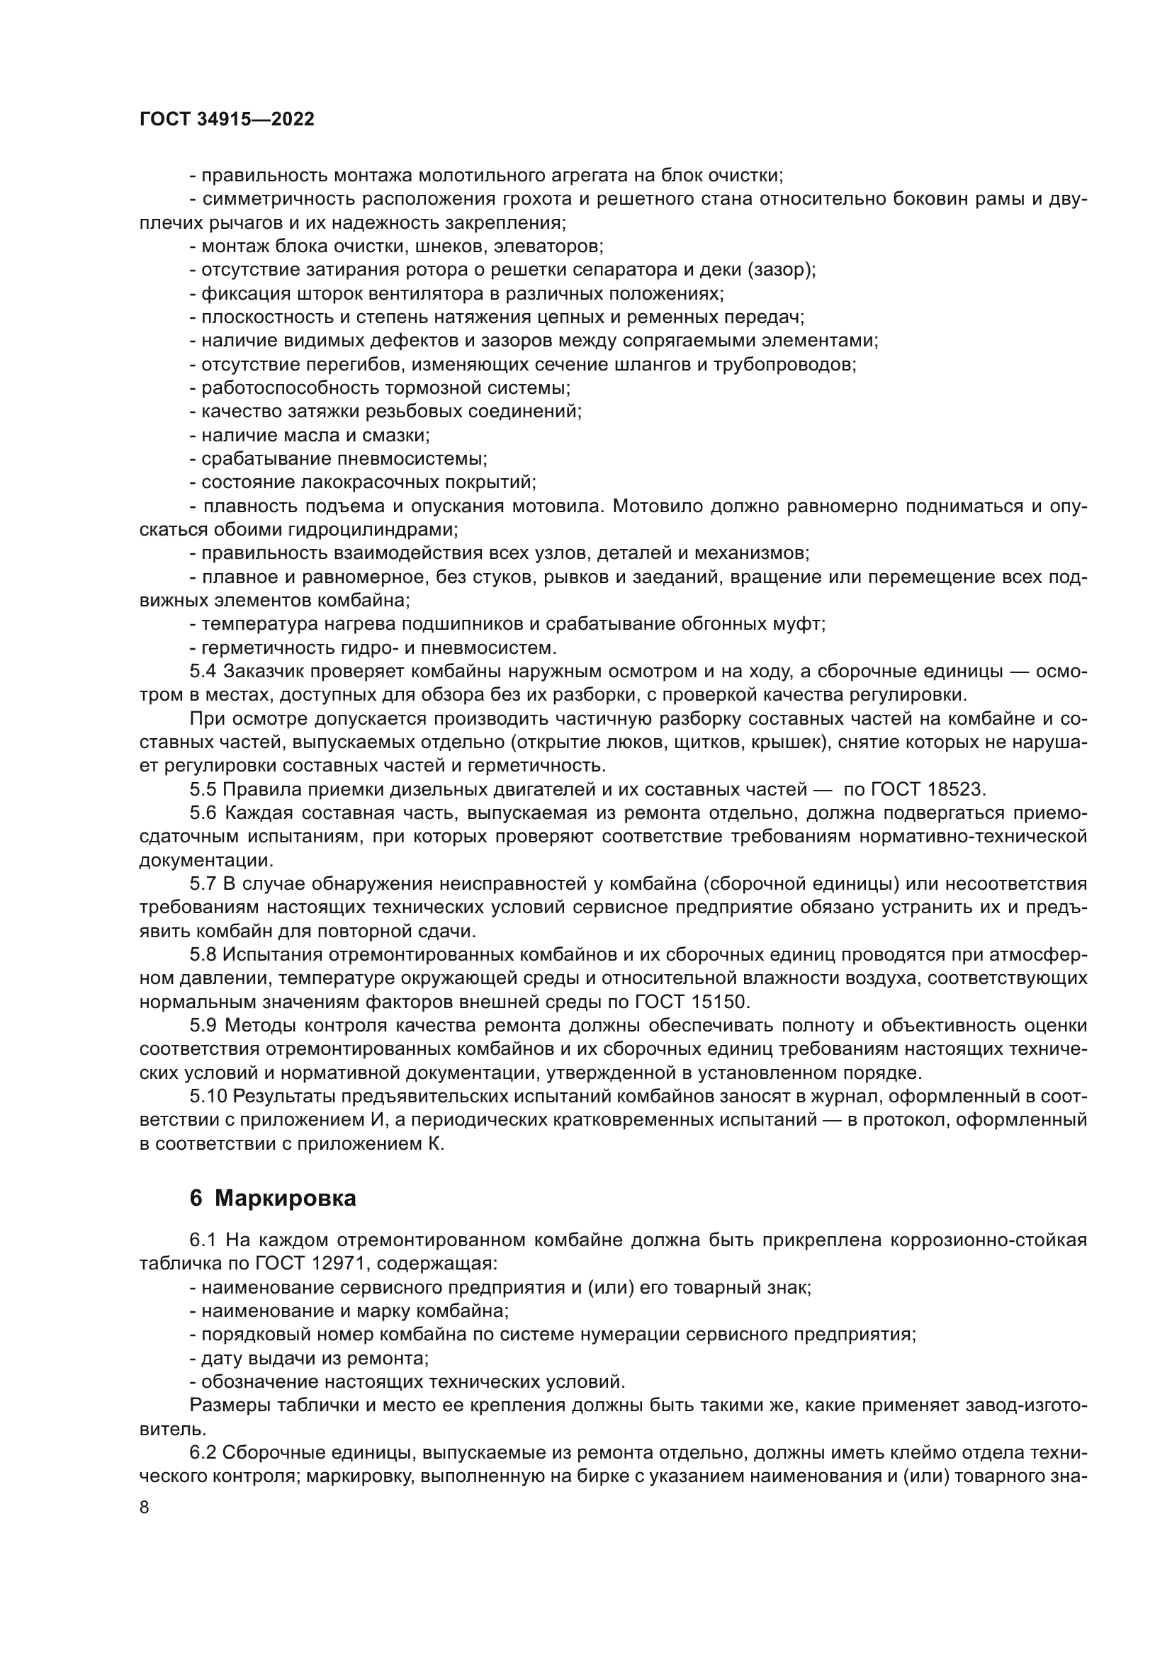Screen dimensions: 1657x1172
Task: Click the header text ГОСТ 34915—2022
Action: (x=227, y=120)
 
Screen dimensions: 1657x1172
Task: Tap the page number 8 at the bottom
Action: (x=145, y=1508)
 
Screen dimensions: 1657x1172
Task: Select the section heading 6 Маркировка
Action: (x=273, y=1199)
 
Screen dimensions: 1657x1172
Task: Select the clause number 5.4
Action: (x=203, y=671)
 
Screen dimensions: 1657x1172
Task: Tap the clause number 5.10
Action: (x=207, y=1096)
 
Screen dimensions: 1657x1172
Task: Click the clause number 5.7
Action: (x=203, y=883)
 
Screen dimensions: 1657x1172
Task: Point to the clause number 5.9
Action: (x=203, y=1026)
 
